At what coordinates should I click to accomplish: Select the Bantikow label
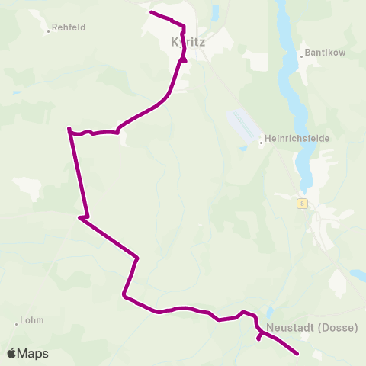click(326, 53)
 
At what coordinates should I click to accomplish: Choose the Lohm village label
click(33, 320)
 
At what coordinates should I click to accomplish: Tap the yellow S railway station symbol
click(302, 203)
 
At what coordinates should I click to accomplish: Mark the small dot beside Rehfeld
click(48, 31)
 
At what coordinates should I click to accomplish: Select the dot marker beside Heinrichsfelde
click(261, 140)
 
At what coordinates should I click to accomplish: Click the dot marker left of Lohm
click(17, 323)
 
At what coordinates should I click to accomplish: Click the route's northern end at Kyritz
click(151, 12)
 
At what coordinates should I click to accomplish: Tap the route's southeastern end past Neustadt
click(297, 354)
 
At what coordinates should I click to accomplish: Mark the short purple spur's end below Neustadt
click(259, 339)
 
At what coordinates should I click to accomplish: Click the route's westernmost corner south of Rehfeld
click(69, 129)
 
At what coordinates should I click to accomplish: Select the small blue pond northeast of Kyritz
click(216, 11)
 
